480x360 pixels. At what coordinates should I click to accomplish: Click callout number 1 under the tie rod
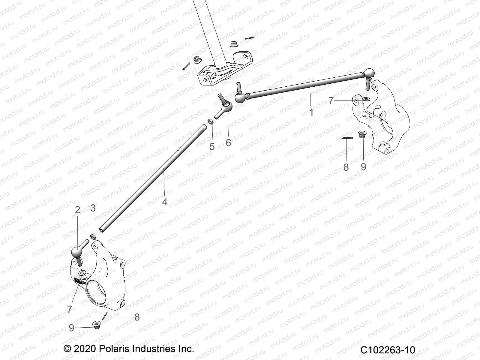311,112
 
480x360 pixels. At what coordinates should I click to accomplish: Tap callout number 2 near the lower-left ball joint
77,210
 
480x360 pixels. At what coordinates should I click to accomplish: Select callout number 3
93,208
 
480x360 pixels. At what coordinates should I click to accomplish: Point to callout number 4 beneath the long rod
164,202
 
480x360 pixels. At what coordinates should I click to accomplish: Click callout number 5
212,147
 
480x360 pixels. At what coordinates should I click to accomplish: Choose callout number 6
228,143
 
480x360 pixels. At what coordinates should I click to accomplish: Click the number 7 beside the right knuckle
331,101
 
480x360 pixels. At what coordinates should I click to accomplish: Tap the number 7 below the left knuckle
70,309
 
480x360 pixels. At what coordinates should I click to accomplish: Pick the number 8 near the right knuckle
346,167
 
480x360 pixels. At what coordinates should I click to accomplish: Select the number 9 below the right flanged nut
364,167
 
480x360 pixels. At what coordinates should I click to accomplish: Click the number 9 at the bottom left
71,328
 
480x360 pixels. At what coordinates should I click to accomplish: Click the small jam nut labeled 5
211,121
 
